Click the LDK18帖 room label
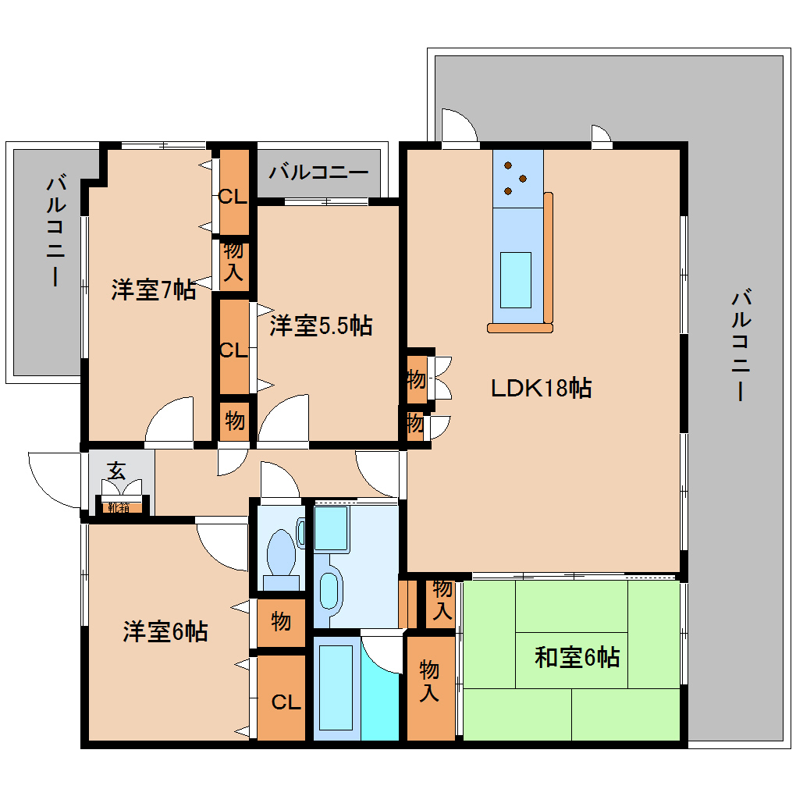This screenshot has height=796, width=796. pos(540,387)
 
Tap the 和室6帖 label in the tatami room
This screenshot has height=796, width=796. pos(577,657)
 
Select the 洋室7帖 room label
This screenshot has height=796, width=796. pos(153,290)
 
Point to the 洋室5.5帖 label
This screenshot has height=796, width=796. pos(321,325)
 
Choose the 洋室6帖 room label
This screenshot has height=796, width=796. pos(165,631)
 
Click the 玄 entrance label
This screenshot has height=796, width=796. pos(116,471)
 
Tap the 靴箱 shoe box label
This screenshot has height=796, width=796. pos(119,508)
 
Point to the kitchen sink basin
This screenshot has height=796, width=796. pos(515,279)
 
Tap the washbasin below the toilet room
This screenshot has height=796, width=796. pos(331,591)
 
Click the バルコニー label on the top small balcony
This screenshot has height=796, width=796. pos(318,172)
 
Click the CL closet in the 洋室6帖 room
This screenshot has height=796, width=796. pos(286,702)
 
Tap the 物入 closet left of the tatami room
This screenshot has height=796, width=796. pos(429,681)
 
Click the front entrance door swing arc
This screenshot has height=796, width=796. pos(55,478)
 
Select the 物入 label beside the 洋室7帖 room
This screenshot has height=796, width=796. pos(233,261)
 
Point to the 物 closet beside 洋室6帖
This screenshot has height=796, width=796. pos(281,621)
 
